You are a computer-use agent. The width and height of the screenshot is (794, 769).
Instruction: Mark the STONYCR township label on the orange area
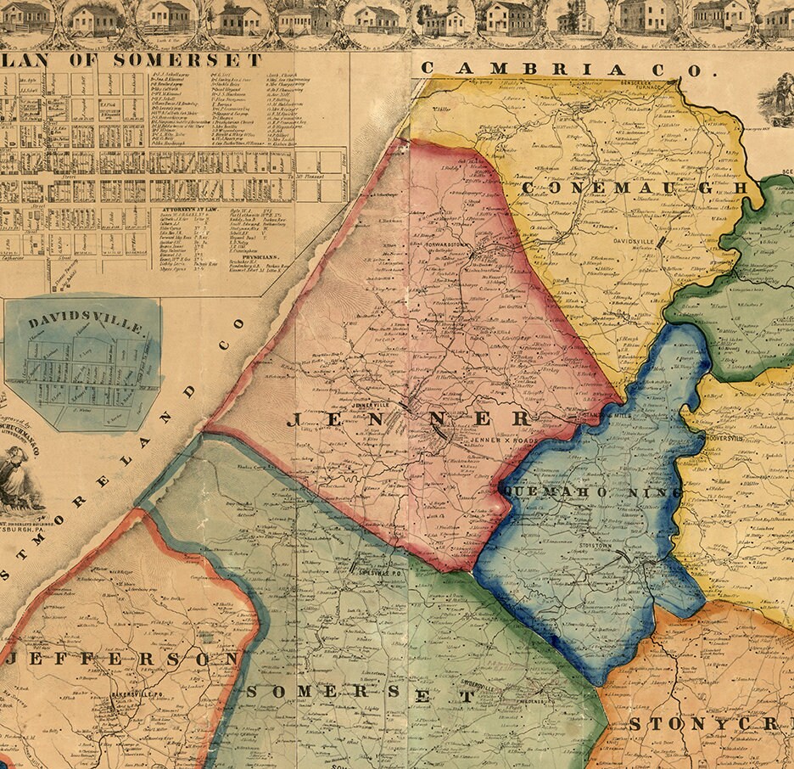711,723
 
